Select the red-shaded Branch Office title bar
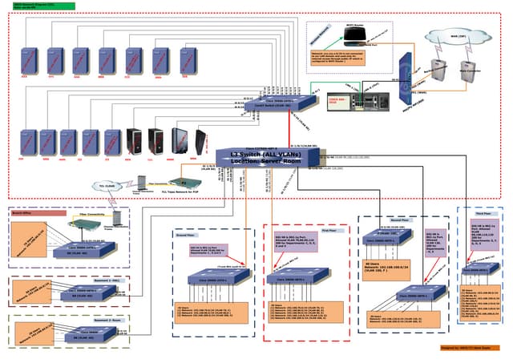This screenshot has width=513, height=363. pyautogui.click(x=38, y=214)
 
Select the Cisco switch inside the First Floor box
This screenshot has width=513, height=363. pyautogui.click(x=304, y=277)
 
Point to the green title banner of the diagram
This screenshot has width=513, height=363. pyautogui.click(x=38, y=6)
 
